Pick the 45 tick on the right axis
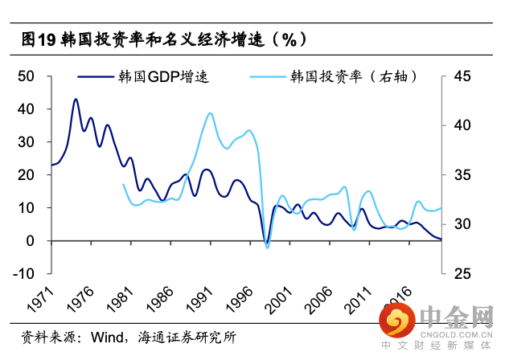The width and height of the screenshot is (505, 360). (462, 76)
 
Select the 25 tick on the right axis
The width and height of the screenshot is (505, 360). (462, 274)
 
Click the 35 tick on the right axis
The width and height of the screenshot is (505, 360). (462, 175)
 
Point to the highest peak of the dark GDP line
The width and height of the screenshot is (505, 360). (76, 99)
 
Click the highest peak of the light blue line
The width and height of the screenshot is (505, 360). (210, 113)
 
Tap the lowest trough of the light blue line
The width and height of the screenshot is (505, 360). (267, 247)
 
